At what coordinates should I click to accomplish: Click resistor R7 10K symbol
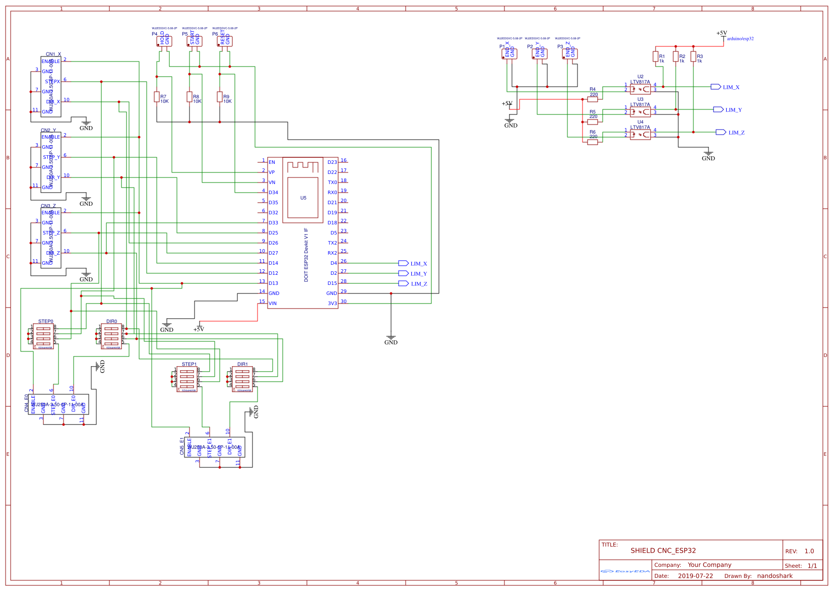click(x=157, y=97)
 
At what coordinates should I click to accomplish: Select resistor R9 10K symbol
click(x=220, y=97)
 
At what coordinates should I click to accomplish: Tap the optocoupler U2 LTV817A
click(x=640, y=89)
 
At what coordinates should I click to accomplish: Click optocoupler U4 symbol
click(x=640, y=135)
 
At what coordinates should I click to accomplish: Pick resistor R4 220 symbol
click(x=593, y=99)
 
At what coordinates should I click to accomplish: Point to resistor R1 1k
click(x=656, y=57)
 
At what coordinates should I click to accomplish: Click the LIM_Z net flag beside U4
click(x=721, y=132)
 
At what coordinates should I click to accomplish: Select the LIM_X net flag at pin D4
click(x=403, y=263)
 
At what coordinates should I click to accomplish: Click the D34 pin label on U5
click(x=273, y=193)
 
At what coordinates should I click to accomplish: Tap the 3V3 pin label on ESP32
click(x=332, y=304)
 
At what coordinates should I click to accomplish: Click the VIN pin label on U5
click(x=273, y=304)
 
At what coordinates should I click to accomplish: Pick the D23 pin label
click(x=332, y=162)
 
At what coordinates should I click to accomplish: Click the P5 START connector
click(x=195, y=41)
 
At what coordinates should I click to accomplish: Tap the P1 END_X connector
click(x=509, y=53)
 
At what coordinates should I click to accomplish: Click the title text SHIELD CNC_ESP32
click(x=663, y=551)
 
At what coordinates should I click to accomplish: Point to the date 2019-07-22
click(x=695, y=576)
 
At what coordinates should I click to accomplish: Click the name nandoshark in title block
click(x=775, y=576)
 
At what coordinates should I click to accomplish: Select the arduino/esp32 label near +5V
click(x=740, y=39)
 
